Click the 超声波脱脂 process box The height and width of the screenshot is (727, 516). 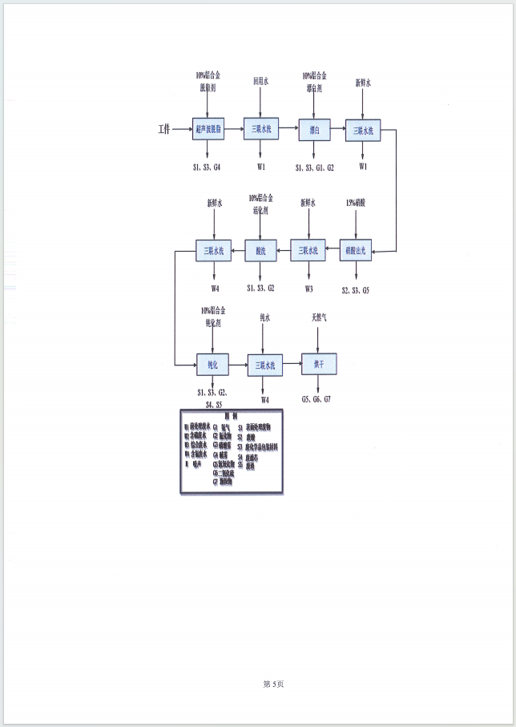pos(208,129)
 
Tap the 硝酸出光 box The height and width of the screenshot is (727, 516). pos(357,251)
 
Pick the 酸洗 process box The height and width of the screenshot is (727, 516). pos(261,251)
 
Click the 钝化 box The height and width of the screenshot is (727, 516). pos(213,365)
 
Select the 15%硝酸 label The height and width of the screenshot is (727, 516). pos(357,203)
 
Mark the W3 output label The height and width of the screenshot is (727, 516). pos(308,289)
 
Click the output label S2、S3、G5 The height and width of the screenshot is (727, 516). pos(357,289)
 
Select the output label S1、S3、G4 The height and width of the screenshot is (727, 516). pos(207,167)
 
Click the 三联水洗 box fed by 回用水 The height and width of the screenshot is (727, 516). pos(261,129)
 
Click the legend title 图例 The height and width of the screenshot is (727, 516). pos(232,416)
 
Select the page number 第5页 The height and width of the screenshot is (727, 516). pos(273,684)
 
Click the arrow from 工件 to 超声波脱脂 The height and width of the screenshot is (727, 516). pos(182,128)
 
